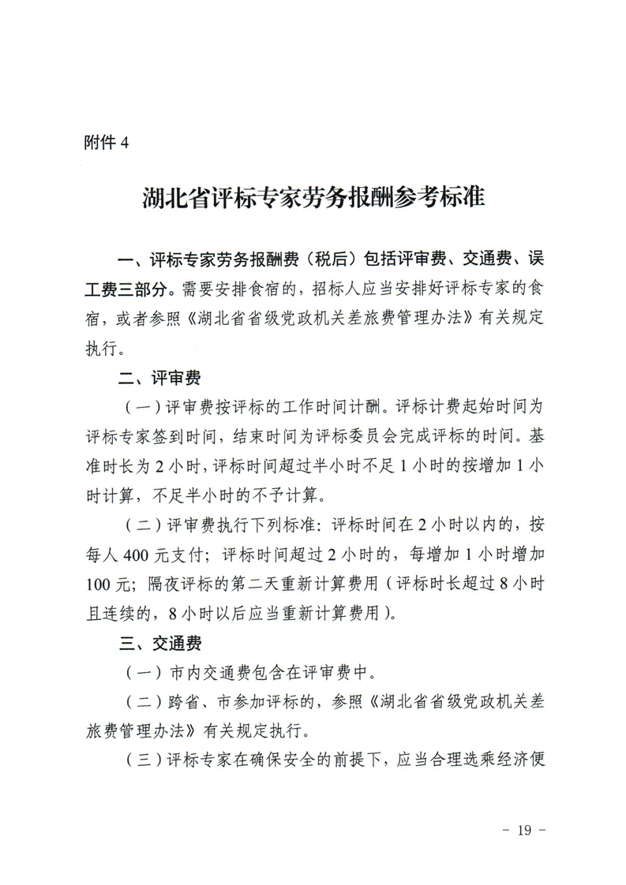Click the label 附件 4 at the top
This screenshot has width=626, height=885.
pyautogui.click(x=105, y=142)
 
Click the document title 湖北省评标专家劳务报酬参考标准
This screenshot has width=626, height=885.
pyautogui.click(x=313, y=196)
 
